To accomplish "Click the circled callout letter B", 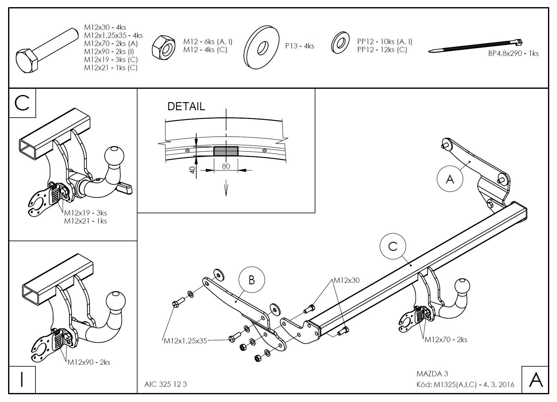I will pos(252,280).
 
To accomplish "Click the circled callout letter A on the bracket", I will pos(450,179).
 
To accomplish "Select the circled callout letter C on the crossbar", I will pos(393,246).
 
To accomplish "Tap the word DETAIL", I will pos(186,106).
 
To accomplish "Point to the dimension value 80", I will pos(226,166).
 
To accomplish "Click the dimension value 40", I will pos(193,170).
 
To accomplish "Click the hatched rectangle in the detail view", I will pos(226,151).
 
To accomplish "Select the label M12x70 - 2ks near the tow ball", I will pos(446,340).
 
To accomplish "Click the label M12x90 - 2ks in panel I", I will pos(89,362).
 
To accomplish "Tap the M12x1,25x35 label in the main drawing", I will pos(185,341).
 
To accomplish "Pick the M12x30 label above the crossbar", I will pos(346,280).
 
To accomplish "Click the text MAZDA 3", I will pos(432,374).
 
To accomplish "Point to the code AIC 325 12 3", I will pos(165,384).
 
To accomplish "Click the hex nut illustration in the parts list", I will pos(164,47).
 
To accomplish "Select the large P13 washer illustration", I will pos(262,47).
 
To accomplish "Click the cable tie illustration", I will pos(476,47).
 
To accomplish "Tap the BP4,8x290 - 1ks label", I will pos(513,53).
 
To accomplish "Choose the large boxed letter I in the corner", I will pos(22,380).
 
